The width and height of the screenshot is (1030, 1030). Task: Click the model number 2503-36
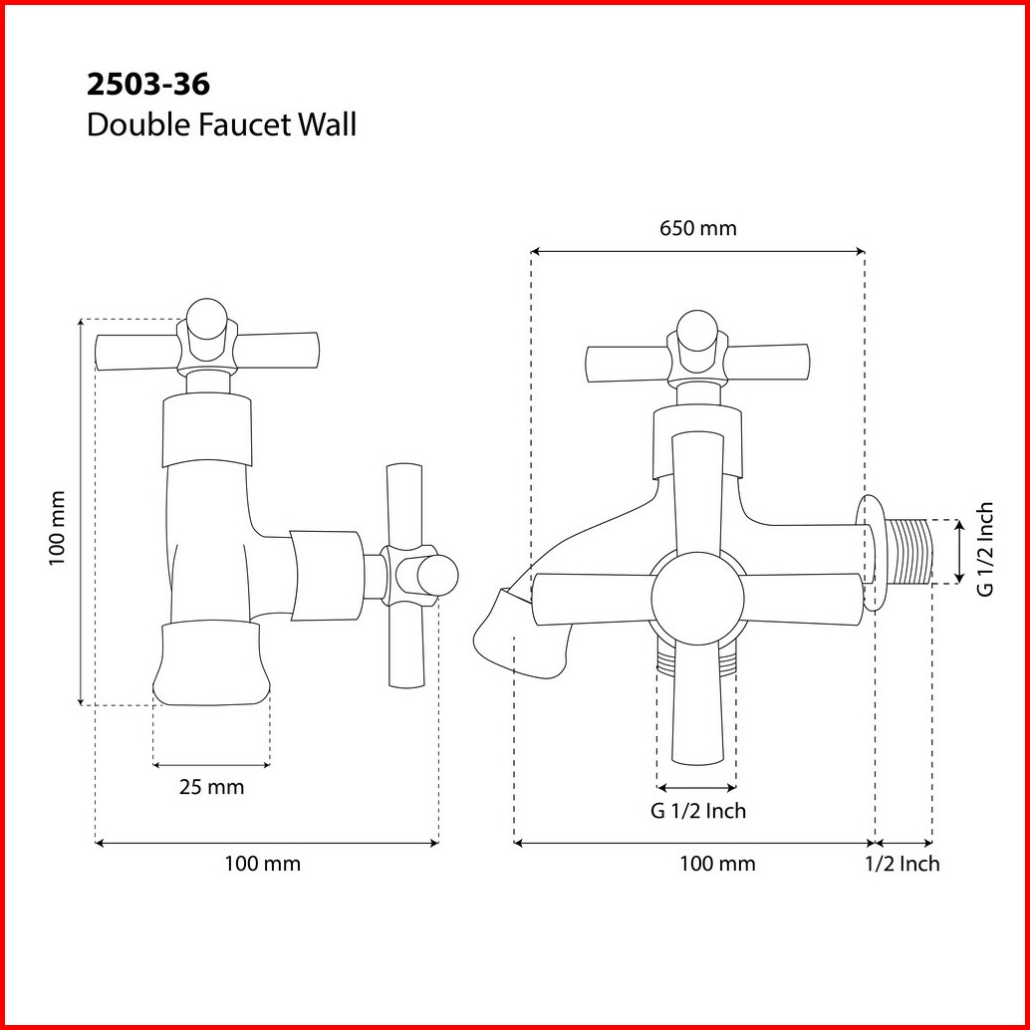pyautogui.click(x=148, y=84)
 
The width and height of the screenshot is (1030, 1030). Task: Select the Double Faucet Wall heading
pyautogui.click(x=221, y=125)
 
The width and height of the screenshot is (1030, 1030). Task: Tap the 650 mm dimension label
pyautogui.click(x=698, y=228)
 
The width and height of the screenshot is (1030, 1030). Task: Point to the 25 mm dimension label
pyautogui.click(x=211, y=786)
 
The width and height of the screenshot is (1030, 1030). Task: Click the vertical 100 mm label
pyautogui.click(x=57, y=528)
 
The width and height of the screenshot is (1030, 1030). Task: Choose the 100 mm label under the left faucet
pyautogui.click(x=263, y=864)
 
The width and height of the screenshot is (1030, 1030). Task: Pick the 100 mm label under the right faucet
pyautogui.click(x=717, y=864)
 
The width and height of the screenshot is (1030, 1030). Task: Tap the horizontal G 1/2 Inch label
pyautogui.click(x=698, y=811)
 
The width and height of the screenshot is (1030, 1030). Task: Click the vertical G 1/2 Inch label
pyautogui.click(x=985, y=549)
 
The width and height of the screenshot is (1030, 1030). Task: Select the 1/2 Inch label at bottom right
pyautogui.click(x=902, y=864)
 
